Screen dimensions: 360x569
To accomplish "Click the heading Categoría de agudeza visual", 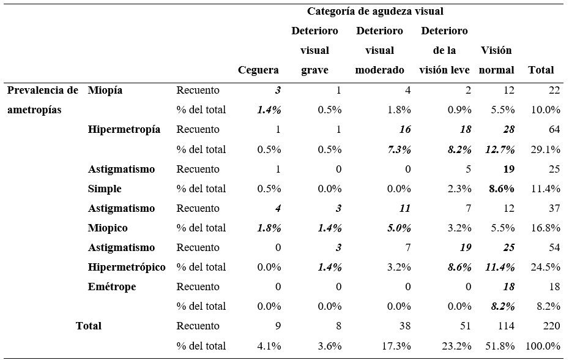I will coord(375,11).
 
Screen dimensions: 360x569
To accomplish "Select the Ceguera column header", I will coord(258,70).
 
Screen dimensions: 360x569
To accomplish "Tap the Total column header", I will coord(541,70).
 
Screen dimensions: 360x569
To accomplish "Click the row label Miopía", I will coord(105,90).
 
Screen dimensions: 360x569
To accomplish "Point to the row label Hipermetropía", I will coord(124,129).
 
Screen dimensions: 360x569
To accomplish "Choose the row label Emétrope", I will coord(112,287).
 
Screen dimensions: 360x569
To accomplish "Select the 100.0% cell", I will coord(539,346).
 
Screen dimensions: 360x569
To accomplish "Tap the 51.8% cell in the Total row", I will coord(500,346).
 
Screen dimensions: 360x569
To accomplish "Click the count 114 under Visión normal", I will coord(505,326).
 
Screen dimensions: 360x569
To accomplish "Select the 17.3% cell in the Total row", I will coord(396,346).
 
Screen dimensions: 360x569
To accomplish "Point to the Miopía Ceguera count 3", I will coord(278,90).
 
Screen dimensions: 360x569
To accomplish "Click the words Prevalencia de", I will coord(43,90).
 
